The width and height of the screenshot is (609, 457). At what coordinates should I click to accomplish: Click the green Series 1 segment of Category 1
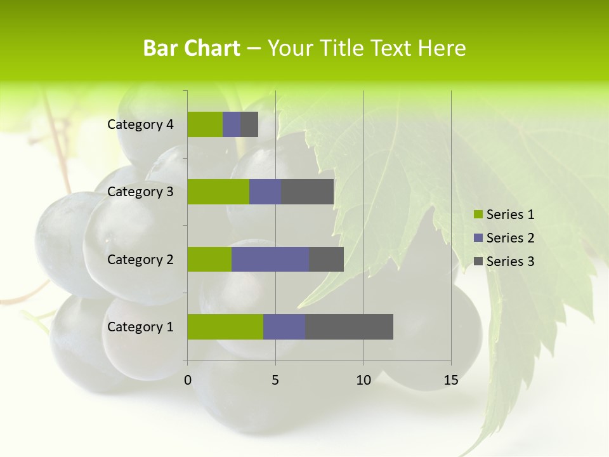[x=225, y=327]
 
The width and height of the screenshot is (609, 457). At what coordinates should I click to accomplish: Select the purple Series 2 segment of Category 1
[x=284, y=327]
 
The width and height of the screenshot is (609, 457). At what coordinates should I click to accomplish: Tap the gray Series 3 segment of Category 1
[x=349, y=327]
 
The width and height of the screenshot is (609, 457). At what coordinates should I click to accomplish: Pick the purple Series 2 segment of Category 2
[x=270, y=259]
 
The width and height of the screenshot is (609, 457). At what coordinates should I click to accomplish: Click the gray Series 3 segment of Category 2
[x=326, y=259]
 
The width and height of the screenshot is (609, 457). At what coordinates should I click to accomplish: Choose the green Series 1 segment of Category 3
[x=218, y=192]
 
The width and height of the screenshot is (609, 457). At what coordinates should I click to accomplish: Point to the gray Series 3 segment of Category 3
[x=307, y=192]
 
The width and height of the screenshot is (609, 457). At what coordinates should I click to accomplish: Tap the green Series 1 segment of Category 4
[x=205, y=124]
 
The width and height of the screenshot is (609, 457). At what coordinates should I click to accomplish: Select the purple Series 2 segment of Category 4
[x=232, y=124]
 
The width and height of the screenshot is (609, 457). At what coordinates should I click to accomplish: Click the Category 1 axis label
[x=140, y=327]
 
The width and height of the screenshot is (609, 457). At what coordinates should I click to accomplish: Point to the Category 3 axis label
[x=140, y=192]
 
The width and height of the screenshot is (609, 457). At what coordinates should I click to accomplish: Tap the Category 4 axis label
[x=140, y=124]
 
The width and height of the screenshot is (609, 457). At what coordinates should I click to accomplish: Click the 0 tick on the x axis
[x=188, y=380]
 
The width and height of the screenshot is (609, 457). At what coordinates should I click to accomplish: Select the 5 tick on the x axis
[x=275, y=380]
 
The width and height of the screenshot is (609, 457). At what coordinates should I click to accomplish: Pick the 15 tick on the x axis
[x=451, y=380]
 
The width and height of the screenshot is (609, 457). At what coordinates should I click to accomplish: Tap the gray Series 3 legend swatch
[x=478, y=262]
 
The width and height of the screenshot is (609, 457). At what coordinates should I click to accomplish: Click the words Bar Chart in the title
[x=192, y=48]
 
